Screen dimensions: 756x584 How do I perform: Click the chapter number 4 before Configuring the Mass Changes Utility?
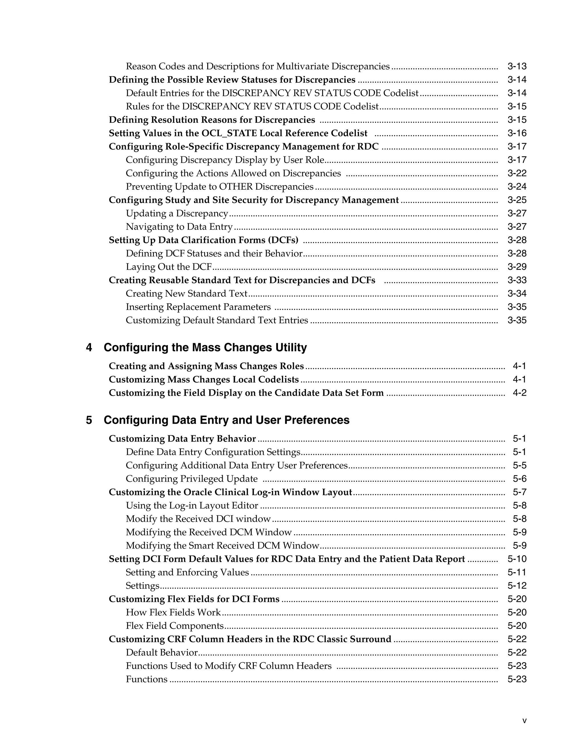(x=89, y=347)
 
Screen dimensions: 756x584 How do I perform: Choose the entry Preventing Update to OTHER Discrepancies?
(x=219, y=187)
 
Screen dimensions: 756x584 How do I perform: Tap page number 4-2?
(x=519, y=393)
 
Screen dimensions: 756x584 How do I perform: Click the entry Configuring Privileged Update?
(x=191, y=479)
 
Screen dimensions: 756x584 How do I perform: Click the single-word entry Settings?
(x=142, y=586)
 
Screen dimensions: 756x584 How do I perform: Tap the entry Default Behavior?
(x=162, y=652)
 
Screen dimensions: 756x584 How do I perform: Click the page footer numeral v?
(x=524, y=721)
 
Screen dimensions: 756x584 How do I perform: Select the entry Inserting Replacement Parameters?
(x=198, y=307)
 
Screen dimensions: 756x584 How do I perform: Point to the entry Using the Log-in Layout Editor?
(x=192, y=506)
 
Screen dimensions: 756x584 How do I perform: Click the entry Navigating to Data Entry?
(x=179, y=227)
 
